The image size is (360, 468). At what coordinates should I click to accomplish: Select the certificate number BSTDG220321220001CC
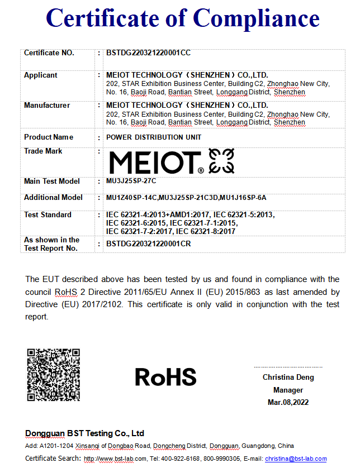tap(148, 53)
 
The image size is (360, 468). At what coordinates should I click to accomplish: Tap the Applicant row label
tap(40, 75)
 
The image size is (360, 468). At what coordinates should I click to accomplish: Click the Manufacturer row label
tap(47, 106)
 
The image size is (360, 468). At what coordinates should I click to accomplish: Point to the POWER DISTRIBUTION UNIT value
tap(154, 137)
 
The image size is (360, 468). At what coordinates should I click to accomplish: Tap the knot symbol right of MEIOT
tap(221, 161)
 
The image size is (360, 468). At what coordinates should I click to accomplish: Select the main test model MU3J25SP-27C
tap(132, 182)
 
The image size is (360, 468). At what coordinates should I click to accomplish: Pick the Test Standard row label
tap(48, 215)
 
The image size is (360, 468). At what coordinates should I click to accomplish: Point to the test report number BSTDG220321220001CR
tap(148, 244)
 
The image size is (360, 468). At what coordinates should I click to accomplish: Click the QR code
tap(54, 374)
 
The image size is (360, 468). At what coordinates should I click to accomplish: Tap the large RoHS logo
tap(165, 377)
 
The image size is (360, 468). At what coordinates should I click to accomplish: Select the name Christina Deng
tap(288, 378)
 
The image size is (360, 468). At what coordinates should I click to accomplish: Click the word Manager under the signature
tap(288, 390)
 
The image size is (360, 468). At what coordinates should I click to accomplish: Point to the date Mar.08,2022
tap(288, 402)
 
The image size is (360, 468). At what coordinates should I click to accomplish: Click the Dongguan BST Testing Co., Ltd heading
tap(85, 433)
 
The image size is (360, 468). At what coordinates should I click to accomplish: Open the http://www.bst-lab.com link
tap(115, 459)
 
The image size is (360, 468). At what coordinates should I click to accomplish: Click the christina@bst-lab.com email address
tap(296, 459)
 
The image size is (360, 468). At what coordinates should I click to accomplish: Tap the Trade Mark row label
tap(43, 151)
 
